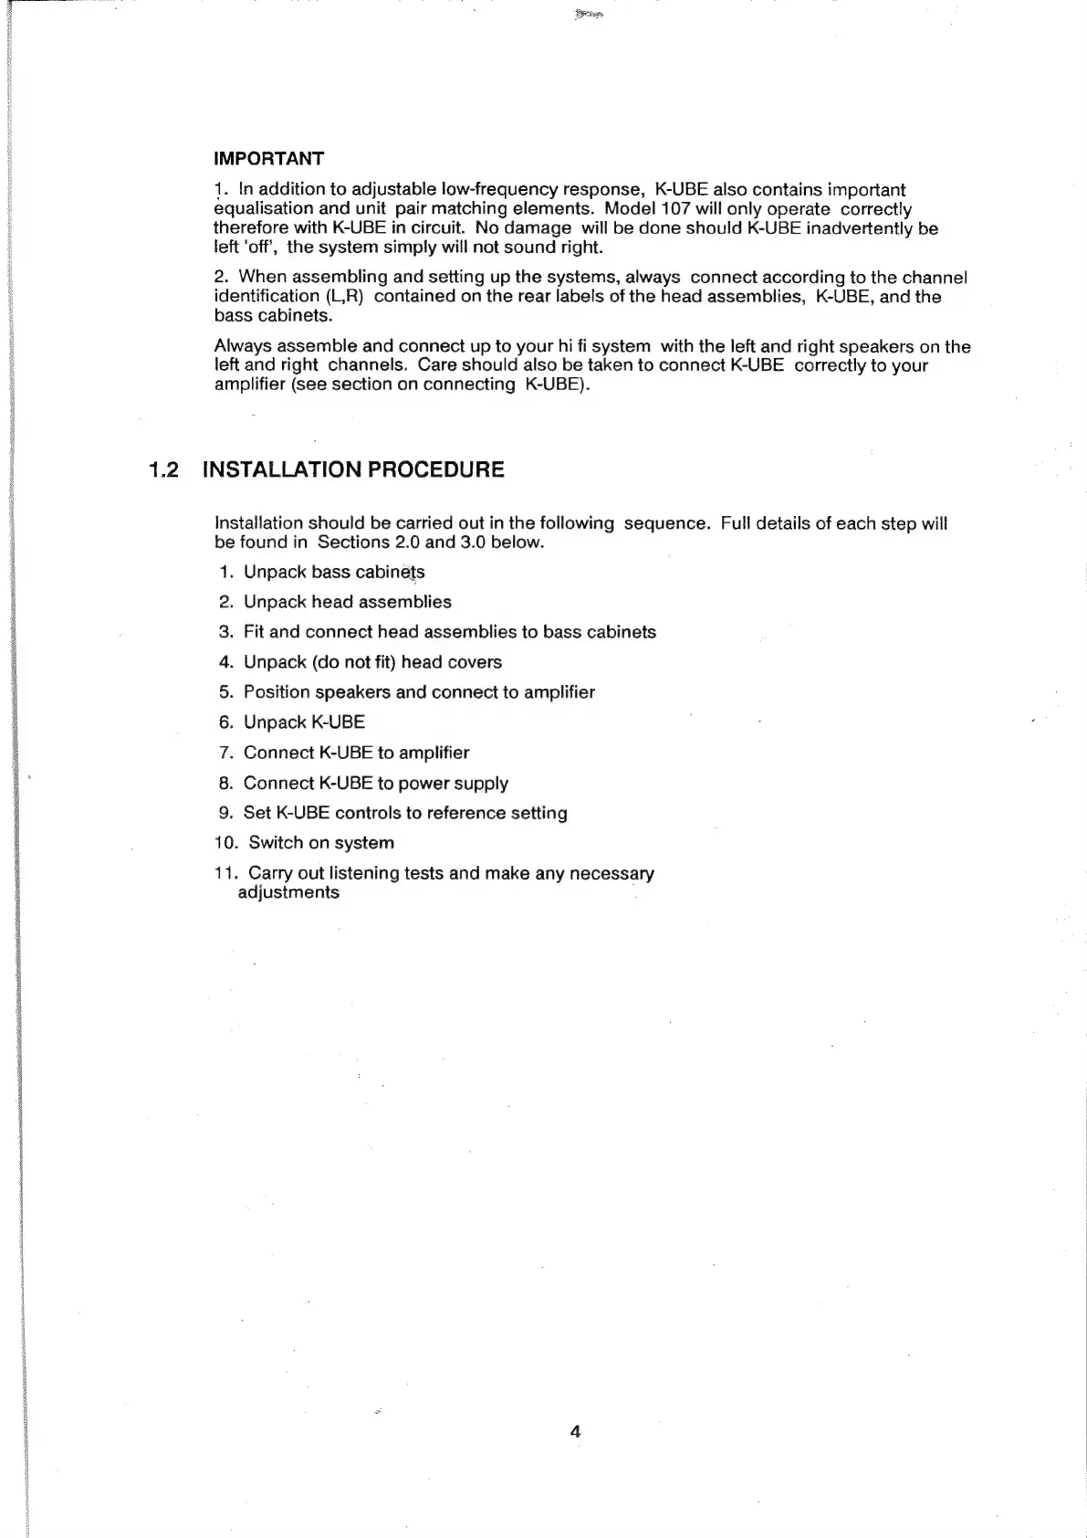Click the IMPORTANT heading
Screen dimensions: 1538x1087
pyautogui.click(x=268, y=159)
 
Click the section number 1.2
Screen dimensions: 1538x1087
pyautogui.click(x=164, y=470)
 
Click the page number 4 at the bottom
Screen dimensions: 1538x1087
pyautogui.click(x=575, y=1431)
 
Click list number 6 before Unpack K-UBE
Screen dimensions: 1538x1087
pyautogui.click(x=225, y=722)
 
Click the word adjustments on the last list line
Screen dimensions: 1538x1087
pyautogui.click(x=288, y=892)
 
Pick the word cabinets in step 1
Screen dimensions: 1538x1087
pyautogui.click(x=390, y=573)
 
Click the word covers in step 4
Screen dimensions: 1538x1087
pyautogui.click(x=475, y=662)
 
